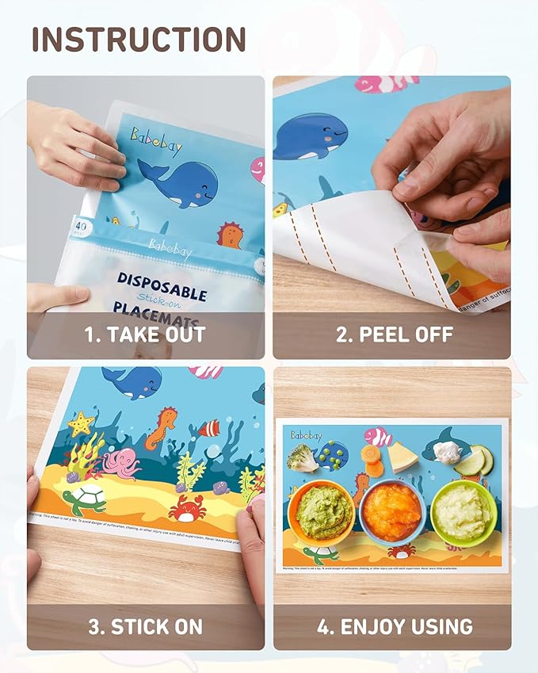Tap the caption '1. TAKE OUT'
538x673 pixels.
coord(145,335)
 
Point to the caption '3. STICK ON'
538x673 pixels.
coord(145,627)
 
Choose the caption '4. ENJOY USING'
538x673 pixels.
coord(395,627)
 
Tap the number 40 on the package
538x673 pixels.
coord(78,226)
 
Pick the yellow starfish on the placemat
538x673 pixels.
coord(80,424)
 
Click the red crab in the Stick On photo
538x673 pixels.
coord(187,507)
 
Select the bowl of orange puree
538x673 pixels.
coord(392,511)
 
